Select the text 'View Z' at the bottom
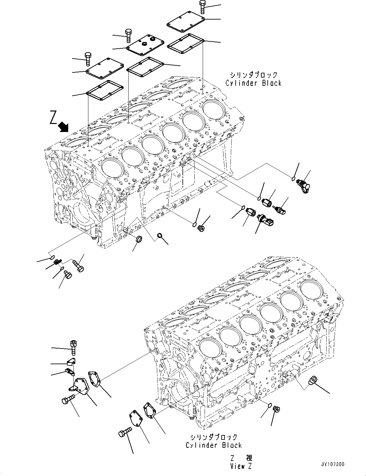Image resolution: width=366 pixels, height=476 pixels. coord(241,466)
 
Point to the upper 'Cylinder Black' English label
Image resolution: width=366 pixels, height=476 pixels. coord(253,83)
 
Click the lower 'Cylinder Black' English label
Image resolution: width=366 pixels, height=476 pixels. coord(214,445)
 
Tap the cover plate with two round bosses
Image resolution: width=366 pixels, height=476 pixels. coord(145,45)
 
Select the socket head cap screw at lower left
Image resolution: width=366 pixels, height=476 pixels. coord(73,347)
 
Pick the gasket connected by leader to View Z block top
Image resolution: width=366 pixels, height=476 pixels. coord(95,380)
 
